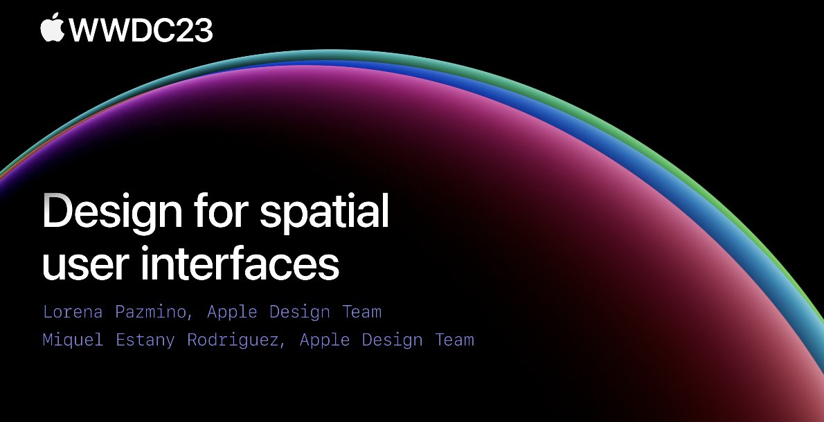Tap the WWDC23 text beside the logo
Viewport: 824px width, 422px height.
click(141, 30)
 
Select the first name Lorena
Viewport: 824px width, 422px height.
click(73, 312)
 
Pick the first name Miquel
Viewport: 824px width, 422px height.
click(73, 340)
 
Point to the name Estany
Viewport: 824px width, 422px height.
click(145, 340)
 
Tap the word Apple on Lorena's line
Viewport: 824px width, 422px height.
click(232, 312)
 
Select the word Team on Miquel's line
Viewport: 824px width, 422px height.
click(454, 340)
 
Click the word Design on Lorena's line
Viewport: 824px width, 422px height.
click(300, 312)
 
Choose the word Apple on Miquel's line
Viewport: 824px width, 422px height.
click(325, 340)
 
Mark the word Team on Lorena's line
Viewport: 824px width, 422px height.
click(362, 312)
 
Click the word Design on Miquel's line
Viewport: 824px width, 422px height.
click(393, 340)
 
